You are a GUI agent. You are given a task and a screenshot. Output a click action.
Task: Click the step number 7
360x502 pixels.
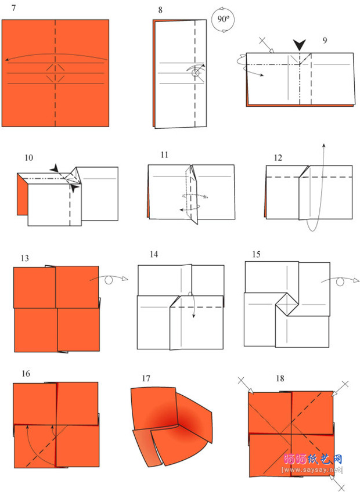tap(13, 8)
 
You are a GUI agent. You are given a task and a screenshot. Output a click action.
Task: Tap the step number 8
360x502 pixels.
tap(160, 10)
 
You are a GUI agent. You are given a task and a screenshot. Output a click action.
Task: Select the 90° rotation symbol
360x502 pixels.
tap(223, 20)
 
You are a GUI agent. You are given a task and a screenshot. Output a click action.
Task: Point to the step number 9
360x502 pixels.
tap(325, 41)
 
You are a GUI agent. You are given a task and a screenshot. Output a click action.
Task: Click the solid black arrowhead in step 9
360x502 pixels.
tap(300, 45)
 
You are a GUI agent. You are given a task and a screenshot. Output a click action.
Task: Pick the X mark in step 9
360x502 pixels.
tap(262, 41)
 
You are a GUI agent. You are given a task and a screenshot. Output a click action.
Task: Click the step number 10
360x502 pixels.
tap(28, 157)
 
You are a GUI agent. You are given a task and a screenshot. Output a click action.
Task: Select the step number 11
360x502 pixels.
tap(164, 155)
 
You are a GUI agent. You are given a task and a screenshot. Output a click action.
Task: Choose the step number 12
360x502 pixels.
tap(278, 158)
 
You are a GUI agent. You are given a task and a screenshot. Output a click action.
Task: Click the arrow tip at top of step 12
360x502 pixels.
tap(324, 145)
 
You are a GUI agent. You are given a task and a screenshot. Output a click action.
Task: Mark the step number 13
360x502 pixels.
tap(24, 258)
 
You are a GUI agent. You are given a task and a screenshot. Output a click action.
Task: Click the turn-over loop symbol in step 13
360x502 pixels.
tap(109, 279)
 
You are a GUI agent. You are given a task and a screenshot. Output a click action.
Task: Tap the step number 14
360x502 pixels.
tap(154, 255)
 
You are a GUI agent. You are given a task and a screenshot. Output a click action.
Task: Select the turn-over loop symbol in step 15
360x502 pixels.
tap(340, 281)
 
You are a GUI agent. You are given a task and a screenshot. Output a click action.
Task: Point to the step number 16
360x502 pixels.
tap(26, 374)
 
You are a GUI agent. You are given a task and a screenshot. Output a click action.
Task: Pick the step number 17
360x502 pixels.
tap(146, 379)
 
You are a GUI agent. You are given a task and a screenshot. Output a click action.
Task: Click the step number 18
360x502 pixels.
tap(280, 379)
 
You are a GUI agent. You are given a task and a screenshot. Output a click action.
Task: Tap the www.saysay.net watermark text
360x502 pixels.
tap(312, 470)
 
